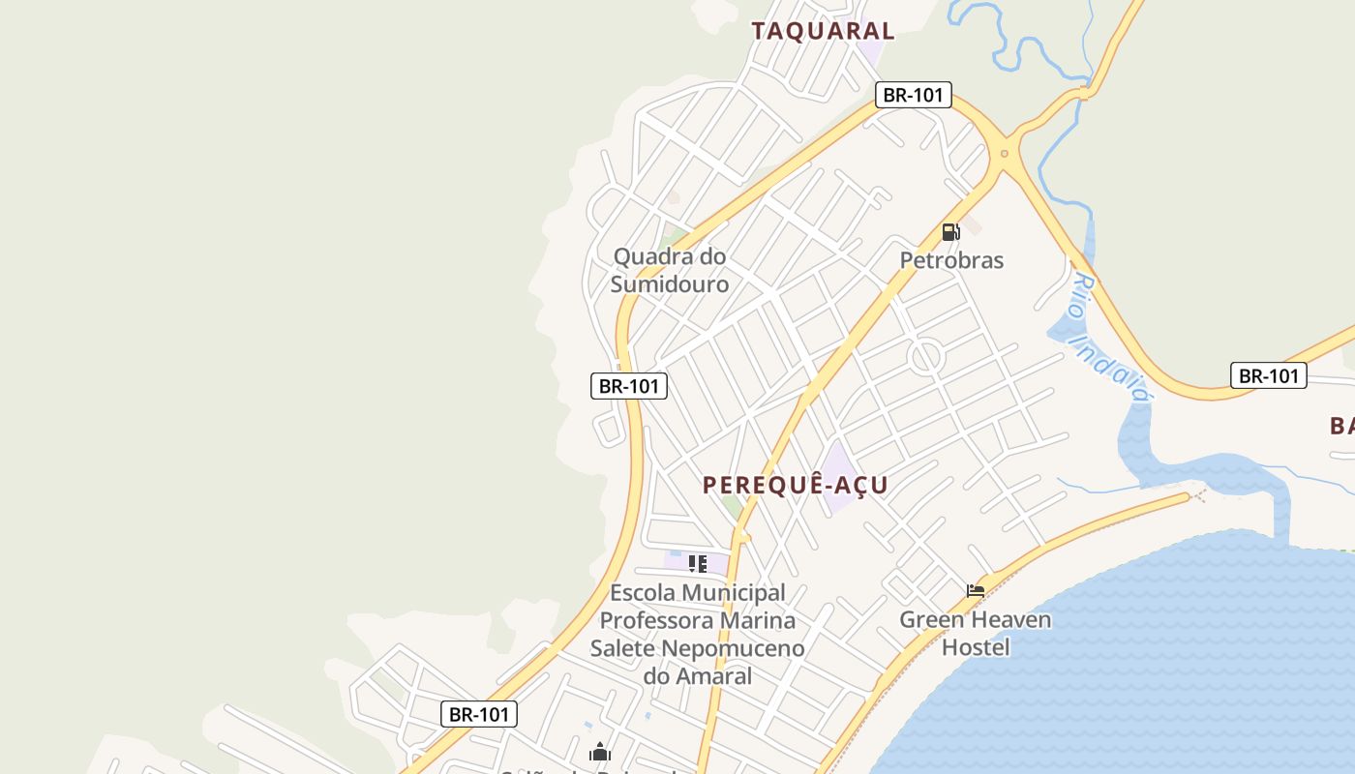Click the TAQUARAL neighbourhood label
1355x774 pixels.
coord(823,30)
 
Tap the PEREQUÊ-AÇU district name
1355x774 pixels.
coord(796,485)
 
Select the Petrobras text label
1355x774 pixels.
coord(951,260)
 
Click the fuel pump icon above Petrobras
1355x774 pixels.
coord(951,232)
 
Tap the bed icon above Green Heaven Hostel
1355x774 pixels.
coord(976,590)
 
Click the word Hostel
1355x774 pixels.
coord(976,647)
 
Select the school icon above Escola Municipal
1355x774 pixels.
coord(697,563)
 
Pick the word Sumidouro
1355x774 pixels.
coord(669,284)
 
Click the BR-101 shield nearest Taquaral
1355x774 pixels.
coord(914,95)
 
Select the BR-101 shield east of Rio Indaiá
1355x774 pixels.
coord(1268,375)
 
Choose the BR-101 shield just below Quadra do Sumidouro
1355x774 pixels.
coord(629,386)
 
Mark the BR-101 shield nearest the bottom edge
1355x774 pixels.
coord(479,715)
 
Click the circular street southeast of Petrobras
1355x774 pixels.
coord(926,357)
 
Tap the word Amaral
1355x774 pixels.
coord(714,676)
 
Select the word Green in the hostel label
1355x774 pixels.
coord(927,619)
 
